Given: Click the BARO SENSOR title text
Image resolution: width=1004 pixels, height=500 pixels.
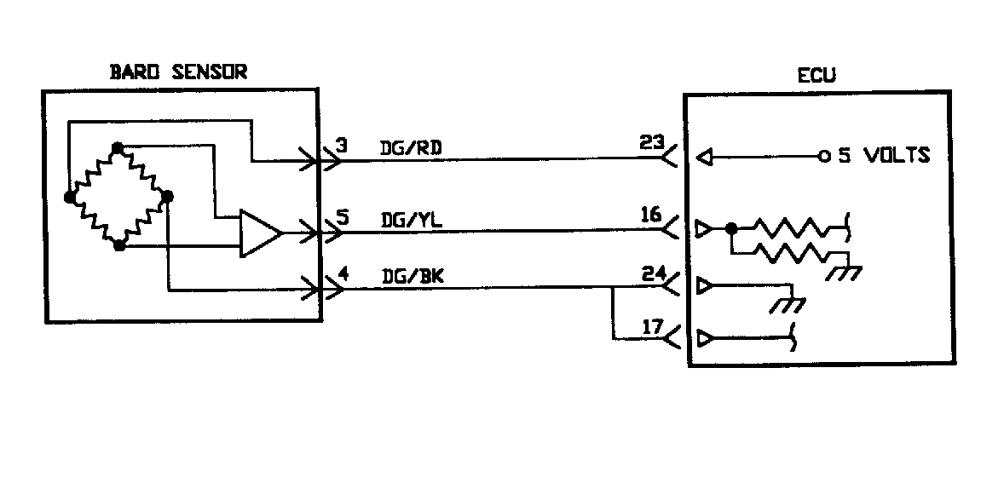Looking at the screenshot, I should coord(178,72).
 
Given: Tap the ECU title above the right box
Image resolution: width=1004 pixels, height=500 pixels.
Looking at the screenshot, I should coord(816,76).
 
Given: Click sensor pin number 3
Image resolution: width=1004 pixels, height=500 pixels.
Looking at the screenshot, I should coord(341,147).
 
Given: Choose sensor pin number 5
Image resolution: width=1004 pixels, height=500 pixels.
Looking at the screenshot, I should coord(342,218).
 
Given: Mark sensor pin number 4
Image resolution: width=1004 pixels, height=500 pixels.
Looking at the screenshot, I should coord(343,275).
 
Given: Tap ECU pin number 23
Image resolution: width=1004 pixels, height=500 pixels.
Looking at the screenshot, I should coord(652,143).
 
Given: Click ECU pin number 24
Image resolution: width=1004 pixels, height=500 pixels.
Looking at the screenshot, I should coord(651,274).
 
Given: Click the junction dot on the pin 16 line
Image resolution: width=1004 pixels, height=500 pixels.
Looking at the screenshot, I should coord(731,229).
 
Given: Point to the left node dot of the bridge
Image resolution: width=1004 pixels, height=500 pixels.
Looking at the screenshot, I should coord(70,198).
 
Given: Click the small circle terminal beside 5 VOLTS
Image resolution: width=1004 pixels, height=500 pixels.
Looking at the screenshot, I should coord(823,157).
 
